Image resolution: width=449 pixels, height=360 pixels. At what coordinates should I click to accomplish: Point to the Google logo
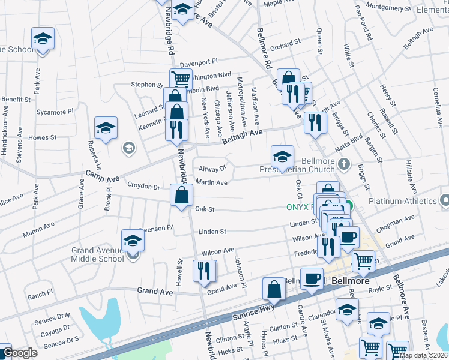(19, 353)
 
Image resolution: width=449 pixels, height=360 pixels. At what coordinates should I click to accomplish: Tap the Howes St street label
(42, 137)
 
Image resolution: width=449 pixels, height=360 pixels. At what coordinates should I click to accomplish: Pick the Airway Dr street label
(211, 169)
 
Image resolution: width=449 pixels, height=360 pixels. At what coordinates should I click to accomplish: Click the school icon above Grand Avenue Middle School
(133, 242)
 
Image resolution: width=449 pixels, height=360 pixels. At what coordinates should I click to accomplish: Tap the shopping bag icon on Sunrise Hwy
(274, 289)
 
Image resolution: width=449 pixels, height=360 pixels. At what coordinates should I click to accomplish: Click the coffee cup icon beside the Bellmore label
(312, 279)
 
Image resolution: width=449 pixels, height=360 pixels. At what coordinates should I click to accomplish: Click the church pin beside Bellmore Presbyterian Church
(343, 164)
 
